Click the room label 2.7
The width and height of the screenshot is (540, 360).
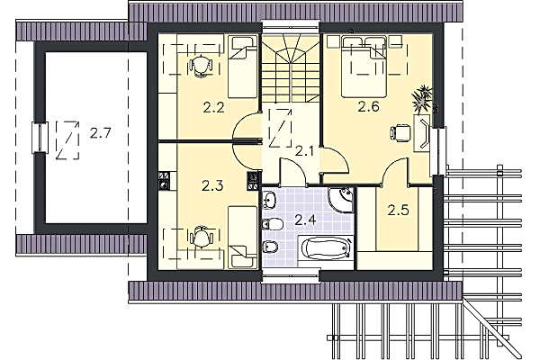coord(101,132)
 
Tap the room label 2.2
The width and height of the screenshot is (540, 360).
coord(213,108)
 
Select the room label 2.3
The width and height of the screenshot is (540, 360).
coord(212,186)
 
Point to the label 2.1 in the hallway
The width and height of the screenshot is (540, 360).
coord(305,150)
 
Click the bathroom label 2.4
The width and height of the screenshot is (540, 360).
coord(305,220)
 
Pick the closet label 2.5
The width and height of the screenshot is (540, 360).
coord(398,210)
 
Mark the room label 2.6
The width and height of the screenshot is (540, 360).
coord(368,107)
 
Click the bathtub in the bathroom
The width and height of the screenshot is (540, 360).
coord(326,250)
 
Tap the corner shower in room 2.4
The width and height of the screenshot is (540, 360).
coord(341,199)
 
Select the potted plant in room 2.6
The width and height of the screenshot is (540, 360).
coord(423,99)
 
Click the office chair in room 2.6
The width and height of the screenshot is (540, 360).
coord(400,132)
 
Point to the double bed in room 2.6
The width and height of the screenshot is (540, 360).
coord(364,67)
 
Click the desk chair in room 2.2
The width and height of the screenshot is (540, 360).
coord(201,66)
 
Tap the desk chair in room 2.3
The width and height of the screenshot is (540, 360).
coord(201,237)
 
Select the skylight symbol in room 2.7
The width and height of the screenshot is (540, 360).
coord(67,139)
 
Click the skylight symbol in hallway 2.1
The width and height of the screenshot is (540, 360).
coord(281,128)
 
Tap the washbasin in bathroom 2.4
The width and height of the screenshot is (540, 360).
coord(270,200)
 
